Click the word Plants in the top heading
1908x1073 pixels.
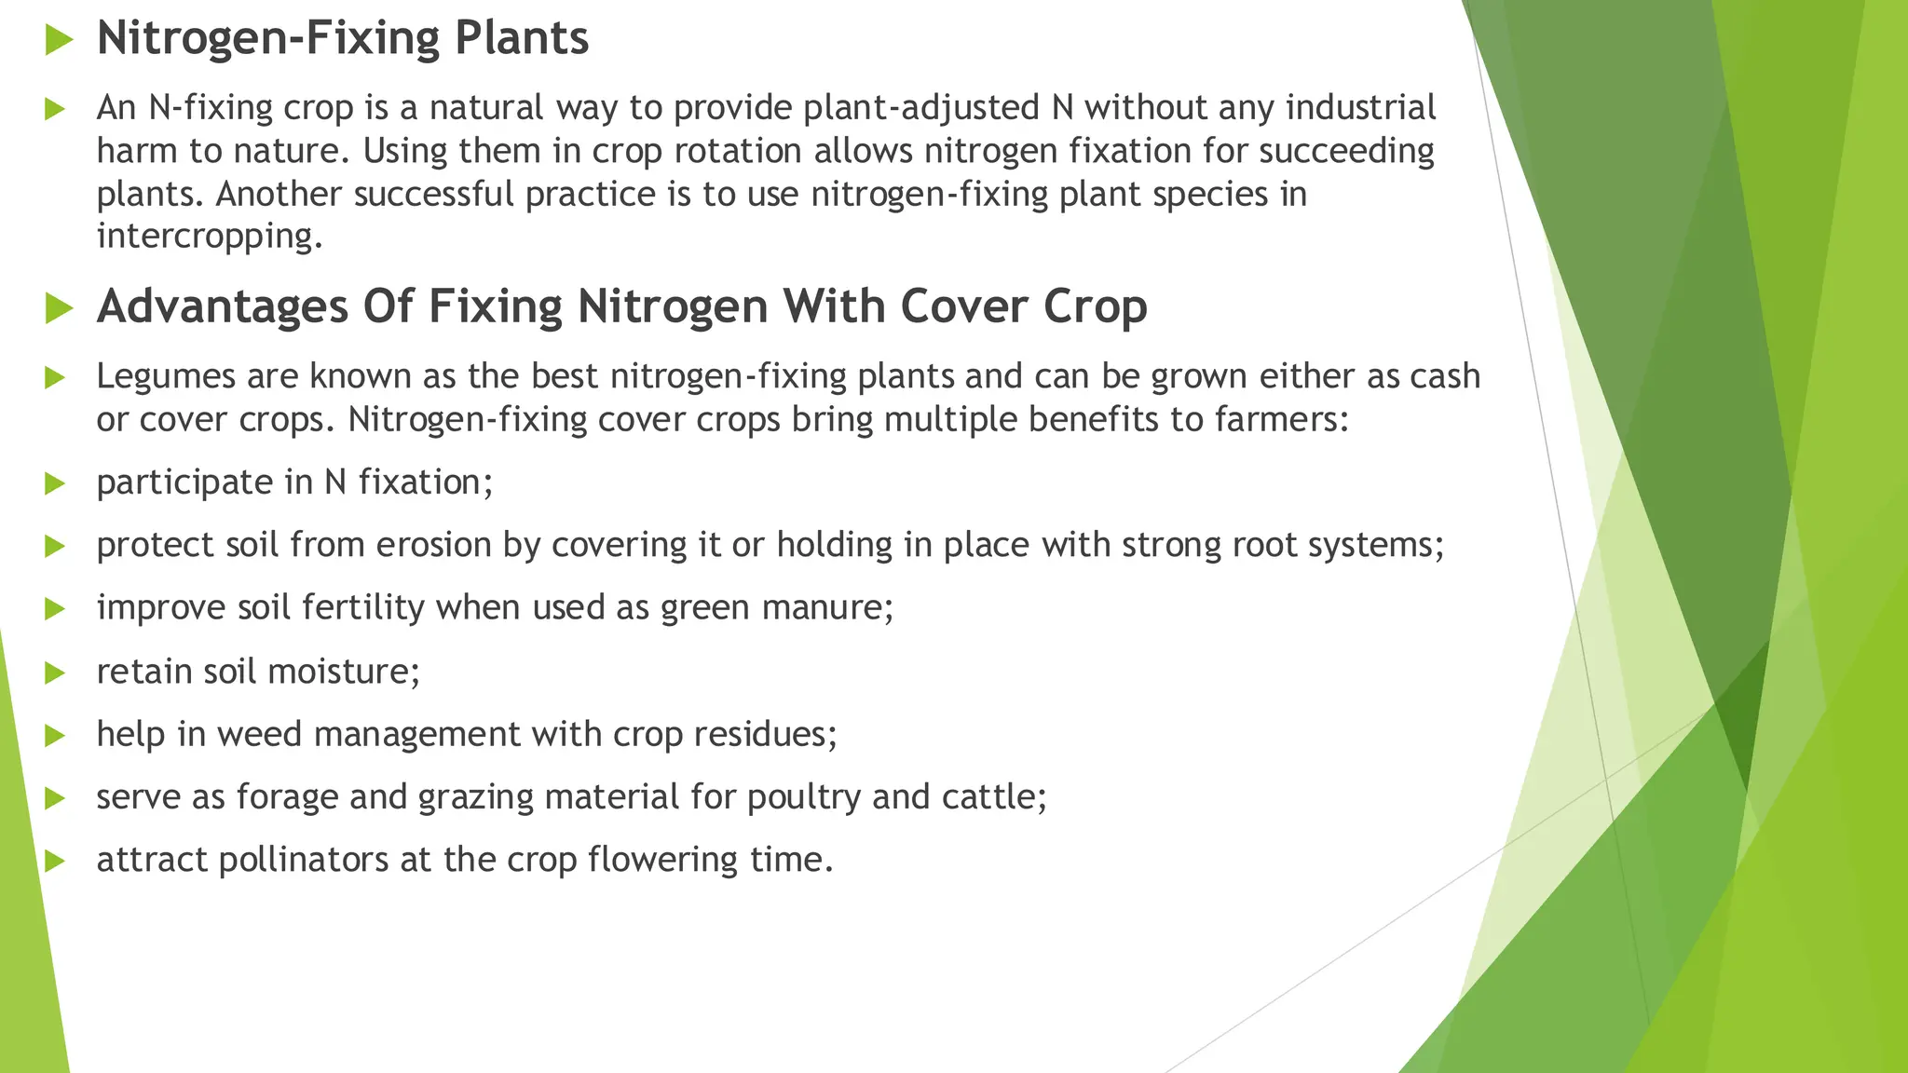click(521, 39)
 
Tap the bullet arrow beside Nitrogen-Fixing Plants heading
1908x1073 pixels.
click(59, 40)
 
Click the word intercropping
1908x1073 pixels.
click(210, 236)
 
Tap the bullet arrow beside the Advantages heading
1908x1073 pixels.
click(59, 308)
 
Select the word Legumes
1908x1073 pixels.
click(165, 376)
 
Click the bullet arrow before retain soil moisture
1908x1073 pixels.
click(56, 672)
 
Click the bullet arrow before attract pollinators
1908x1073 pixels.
click(56, 861)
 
